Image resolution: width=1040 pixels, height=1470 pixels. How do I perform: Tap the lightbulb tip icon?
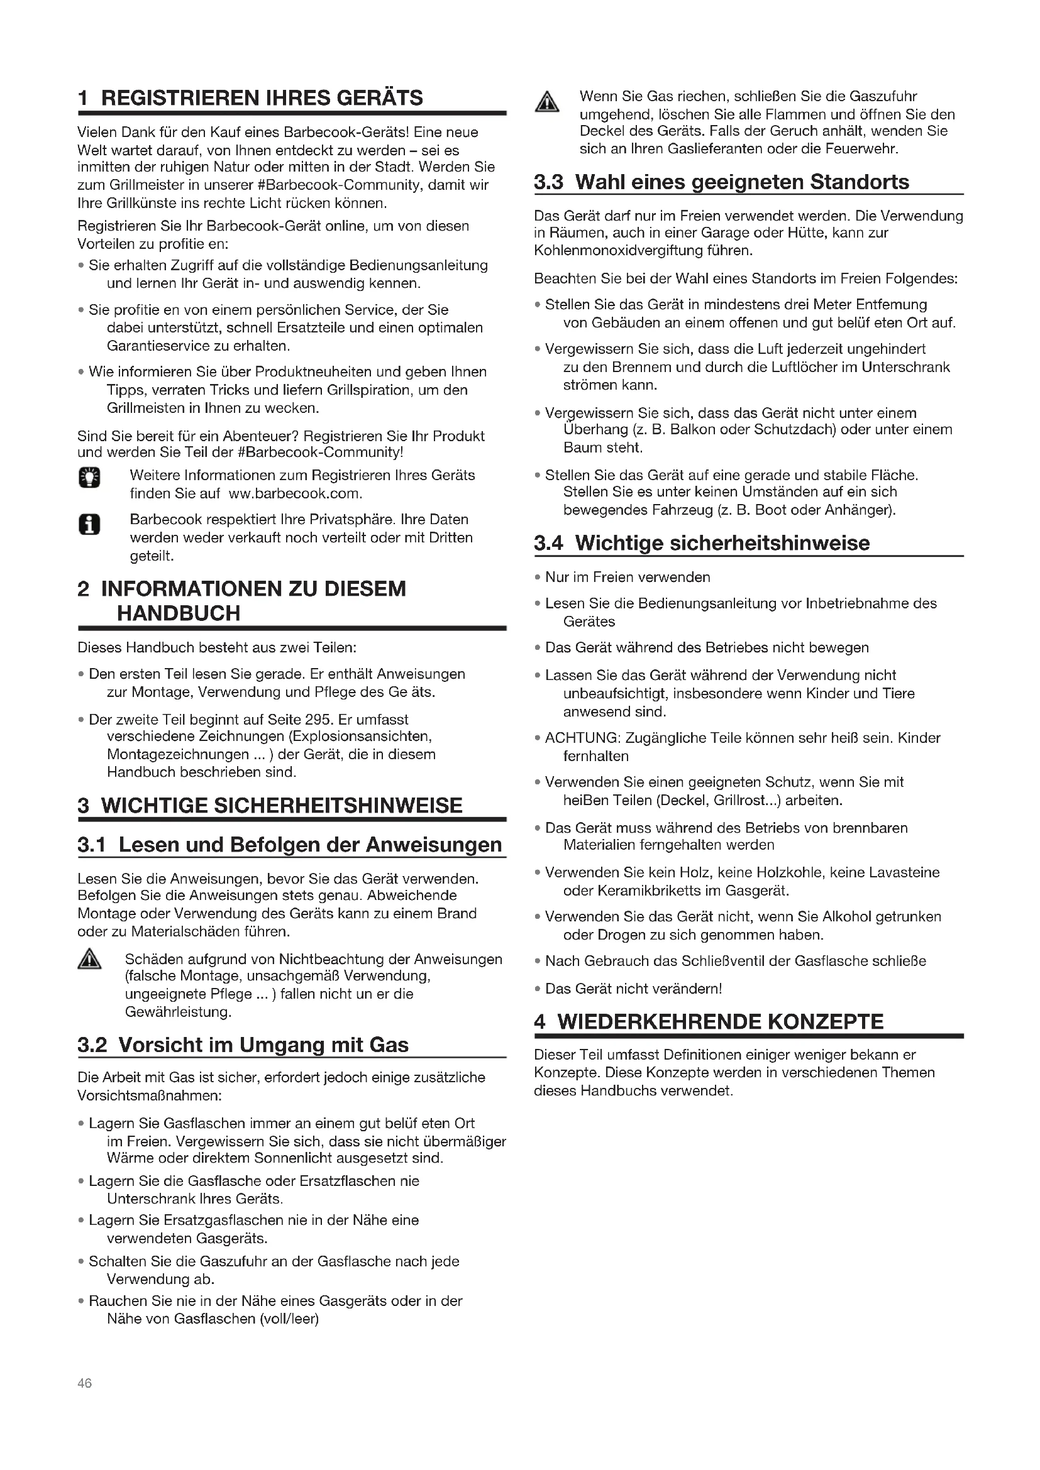90,477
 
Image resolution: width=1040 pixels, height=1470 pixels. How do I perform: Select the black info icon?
90,525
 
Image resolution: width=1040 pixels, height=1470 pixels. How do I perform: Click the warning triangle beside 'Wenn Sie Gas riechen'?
546,102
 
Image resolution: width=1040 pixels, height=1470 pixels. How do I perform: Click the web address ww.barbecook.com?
296,493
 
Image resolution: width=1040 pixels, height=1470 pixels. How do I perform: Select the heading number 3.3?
548,182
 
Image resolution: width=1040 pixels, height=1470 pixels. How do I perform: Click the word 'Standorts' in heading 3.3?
860,182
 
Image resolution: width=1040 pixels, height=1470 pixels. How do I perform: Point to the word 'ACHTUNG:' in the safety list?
582,738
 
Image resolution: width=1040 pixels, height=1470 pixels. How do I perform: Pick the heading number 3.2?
92,1045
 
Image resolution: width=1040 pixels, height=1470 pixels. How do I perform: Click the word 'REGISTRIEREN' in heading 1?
180,98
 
